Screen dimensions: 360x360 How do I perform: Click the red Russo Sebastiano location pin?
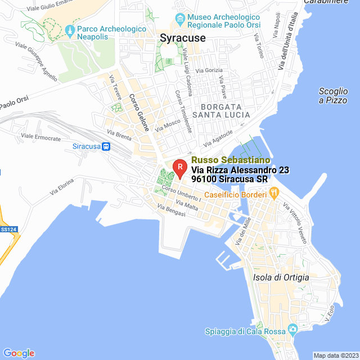(x=179, y=167)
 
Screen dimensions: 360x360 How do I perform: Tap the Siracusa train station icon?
(x=106, y=146)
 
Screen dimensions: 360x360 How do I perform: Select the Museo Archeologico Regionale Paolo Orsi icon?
(x=179, y=20)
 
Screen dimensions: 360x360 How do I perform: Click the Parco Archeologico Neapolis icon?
(x=70, y=29)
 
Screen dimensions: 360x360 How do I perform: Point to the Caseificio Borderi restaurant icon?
(x=274, y=193)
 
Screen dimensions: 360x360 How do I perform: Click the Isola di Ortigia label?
(x=281, y=278)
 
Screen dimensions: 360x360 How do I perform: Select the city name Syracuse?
(x=183, y=38)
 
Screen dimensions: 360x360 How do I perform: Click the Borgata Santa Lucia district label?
(x=222, y=110)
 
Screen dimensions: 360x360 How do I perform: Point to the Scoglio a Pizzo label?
(x=333, y=96)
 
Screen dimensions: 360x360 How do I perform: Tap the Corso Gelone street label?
(x=139, y=112)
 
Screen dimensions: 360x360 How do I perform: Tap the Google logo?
(x=19, y=353)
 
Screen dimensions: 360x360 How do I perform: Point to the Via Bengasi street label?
(x=172, y=211)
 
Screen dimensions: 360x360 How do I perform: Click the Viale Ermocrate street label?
(x=40, y=137)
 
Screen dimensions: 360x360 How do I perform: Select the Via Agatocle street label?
(x=218, y=136)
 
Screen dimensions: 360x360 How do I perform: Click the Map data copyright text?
(x=335, y=355)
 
